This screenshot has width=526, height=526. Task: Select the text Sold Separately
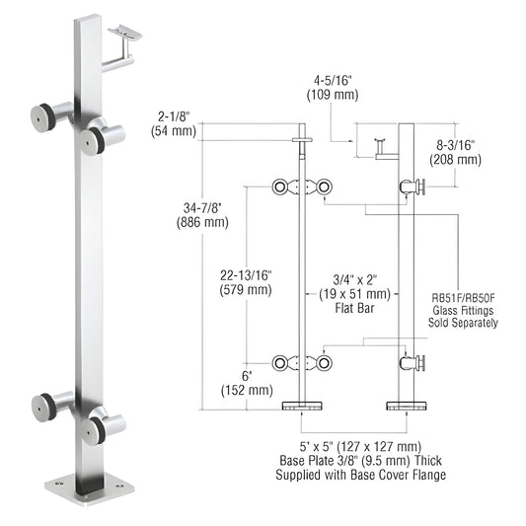click(465, 322)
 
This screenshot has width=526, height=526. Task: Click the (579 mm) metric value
click(246, 290)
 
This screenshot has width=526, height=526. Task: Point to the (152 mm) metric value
click(249, 390)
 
